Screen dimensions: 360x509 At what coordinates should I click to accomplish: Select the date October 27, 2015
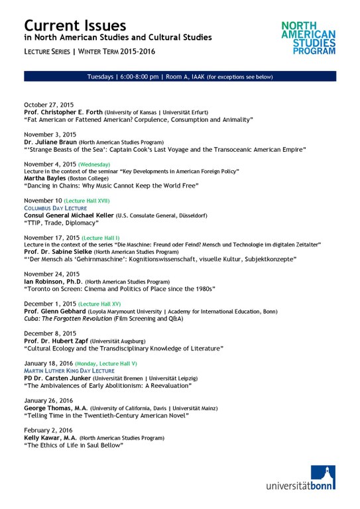pos(49,105)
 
